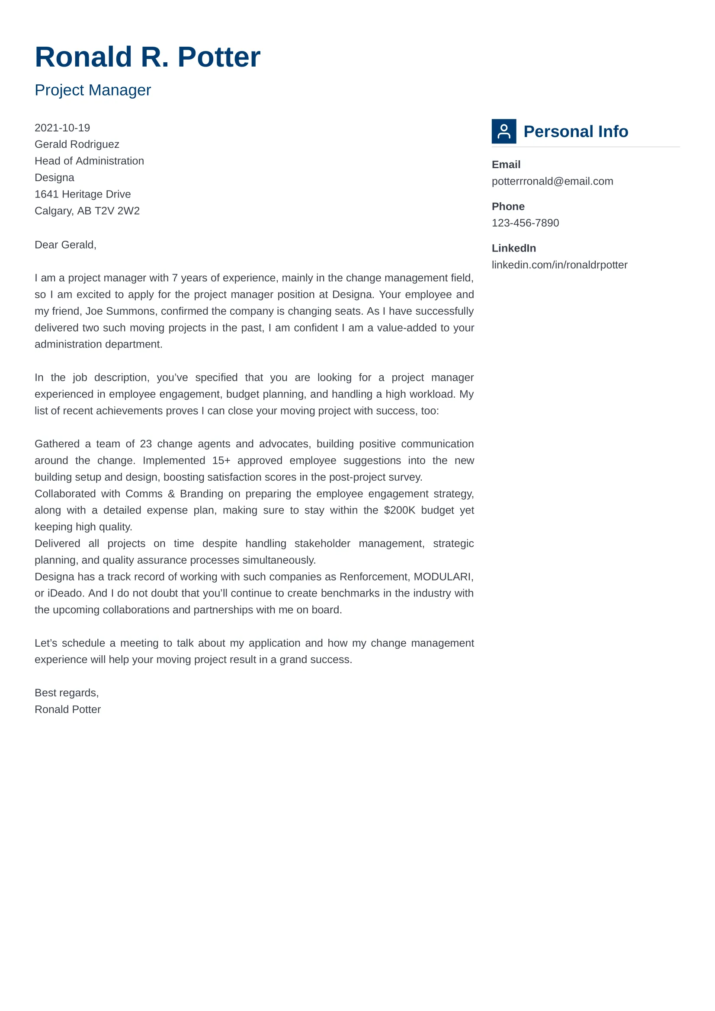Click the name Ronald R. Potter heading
point(147,57)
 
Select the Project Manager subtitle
point(93,90)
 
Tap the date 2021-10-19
point(62,128)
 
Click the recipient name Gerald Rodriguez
point(77,144)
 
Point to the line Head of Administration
point(89,161)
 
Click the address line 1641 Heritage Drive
point(82,194)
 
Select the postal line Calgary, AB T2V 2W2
point(87,211)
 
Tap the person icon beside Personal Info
point(503,131)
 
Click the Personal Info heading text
point(575,132)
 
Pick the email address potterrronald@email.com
point(552,182)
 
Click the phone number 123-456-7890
point(525,223)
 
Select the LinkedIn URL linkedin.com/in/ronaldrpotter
point(559,265)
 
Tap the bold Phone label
point(508,207)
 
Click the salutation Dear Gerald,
point(65,245)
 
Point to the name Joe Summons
point(120,311)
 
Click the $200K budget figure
point(399,510)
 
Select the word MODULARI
point(442,577)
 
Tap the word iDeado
point(66,593)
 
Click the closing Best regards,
point(67,693)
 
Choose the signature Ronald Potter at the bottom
point(67,710)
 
